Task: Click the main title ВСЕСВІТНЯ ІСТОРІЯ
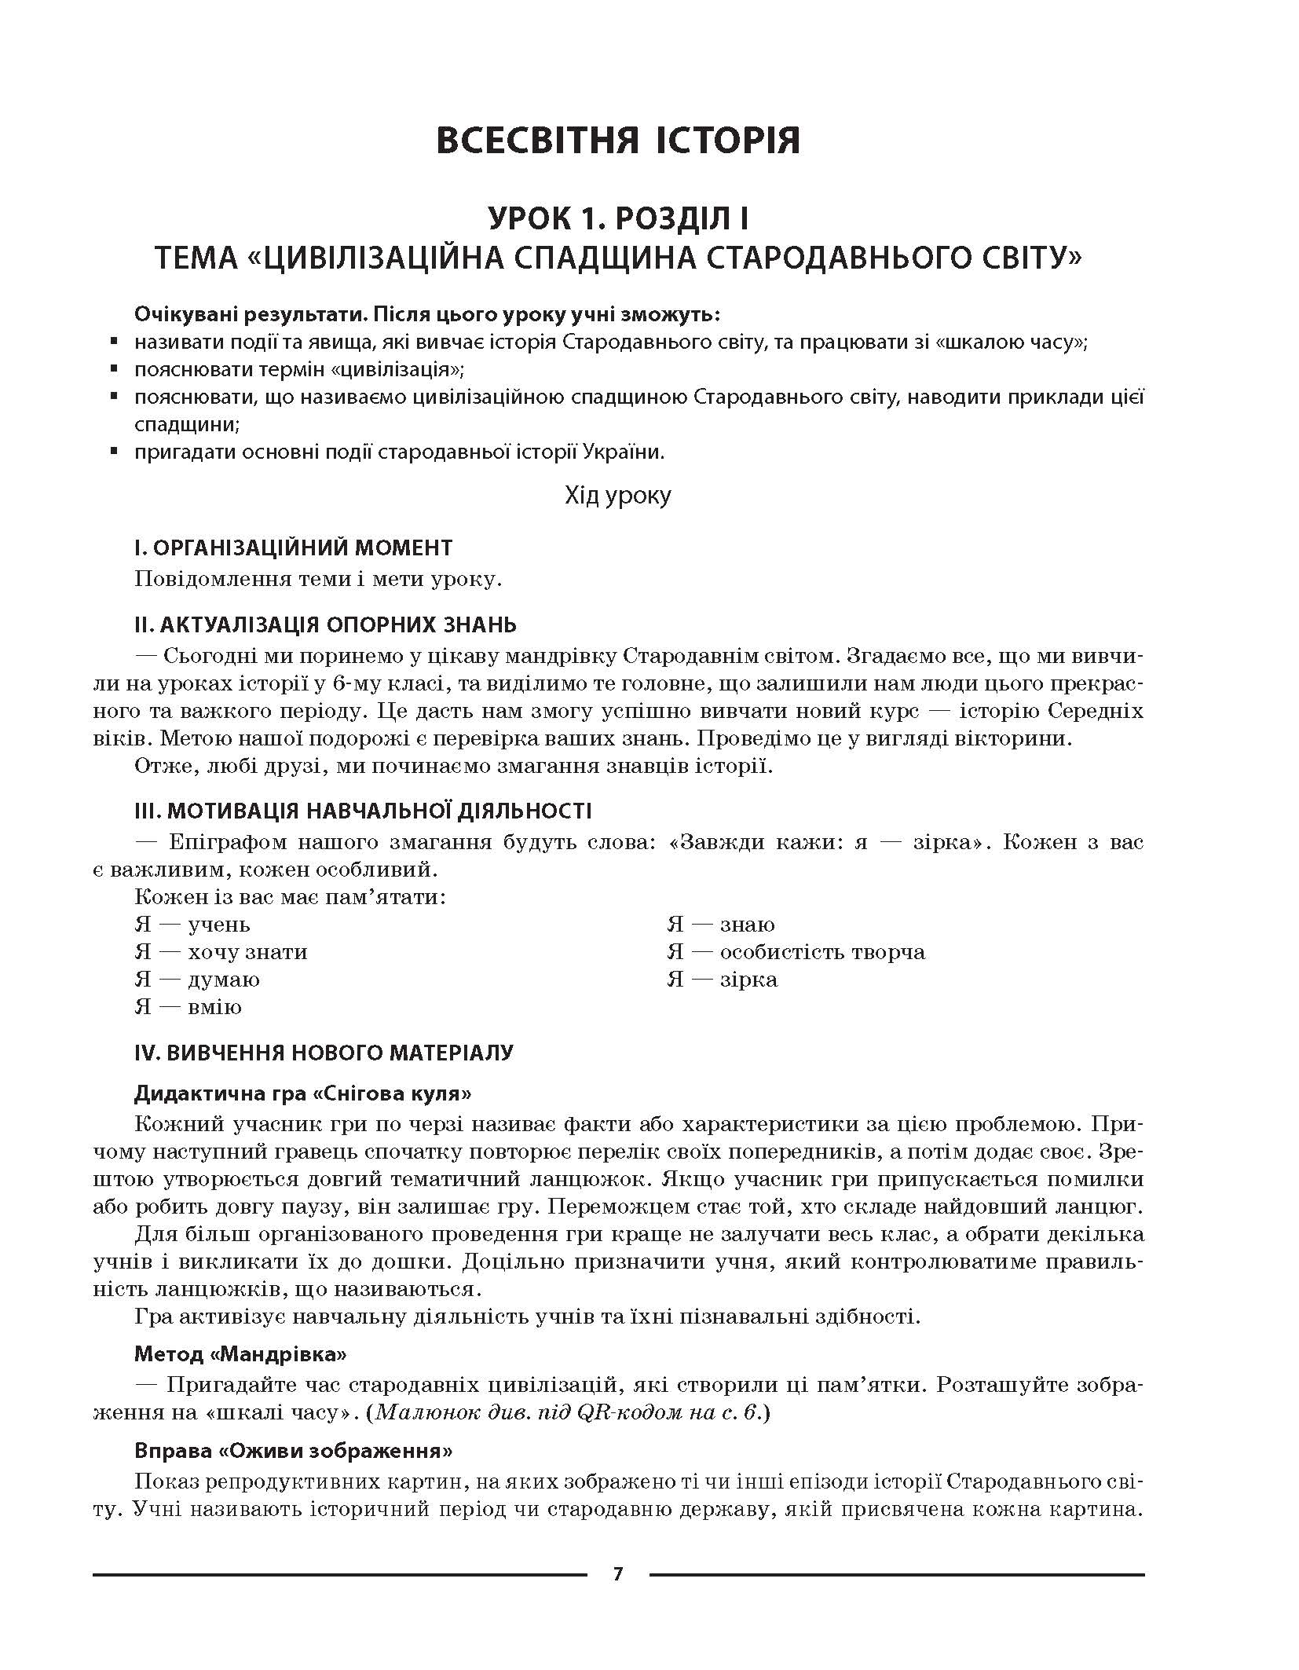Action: click(x=617, y=140)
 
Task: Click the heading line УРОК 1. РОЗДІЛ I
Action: click(x=617, y=218)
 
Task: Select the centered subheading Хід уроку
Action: click(x=617, y=496)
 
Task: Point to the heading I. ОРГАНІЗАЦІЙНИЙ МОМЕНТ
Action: click(x=294, y=548)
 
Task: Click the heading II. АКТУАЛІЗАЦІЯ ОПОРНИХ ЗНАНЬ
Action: click(x=325, y=624)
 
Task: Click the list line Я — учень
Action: click(x=192, y=925)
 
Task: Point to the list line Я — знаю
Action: click(x=721, y=925)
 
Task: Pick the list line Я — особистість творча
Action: click(x=796, y=952)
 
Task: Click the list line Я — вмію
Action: click(x=188, y=1007)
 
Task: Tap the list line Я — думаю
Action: click(x=197, y=980)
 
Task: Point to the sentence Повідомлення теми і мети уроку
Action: click(x=318, y=580)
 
